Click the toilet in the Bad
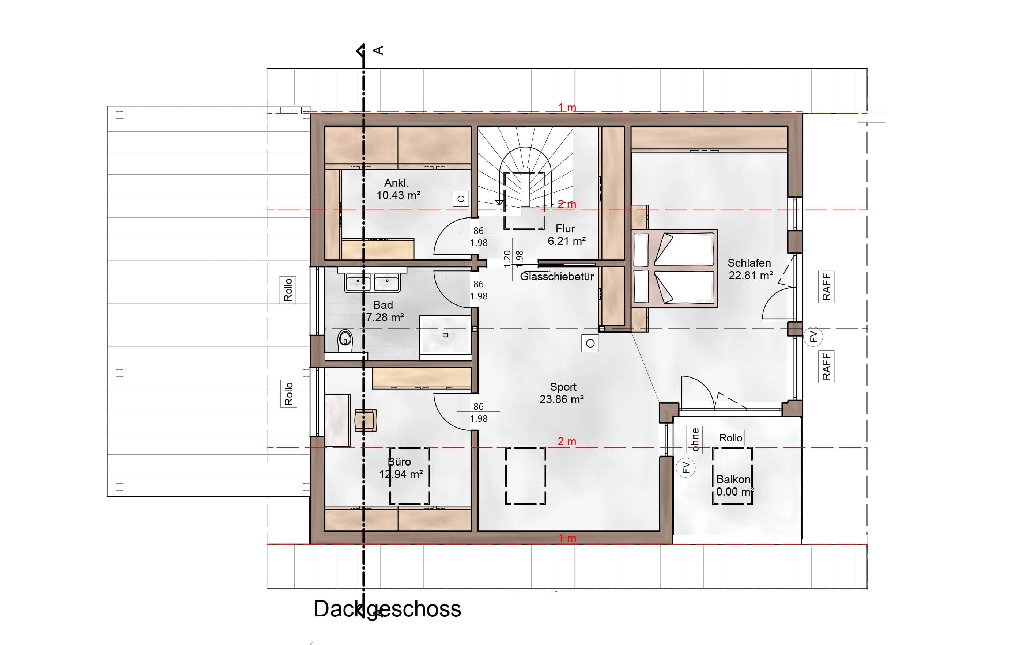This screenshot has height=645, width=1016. click(345, 340)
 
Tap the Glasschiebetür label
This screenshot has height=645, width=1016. click(556, 276)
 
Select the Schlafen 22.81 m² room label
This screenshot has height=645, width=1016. click(750, 269)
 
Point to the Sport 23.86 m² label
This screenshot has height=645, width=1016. click(562, 393)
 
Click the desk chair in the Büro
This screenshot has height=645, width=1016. click(365, 420)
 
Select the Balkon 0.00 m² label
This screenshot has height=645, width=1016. click(734, 485)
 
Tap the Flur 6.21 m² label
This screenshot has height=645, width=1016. click(566, 235)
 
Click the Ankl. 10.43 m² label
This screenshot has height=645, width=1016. click(398, 189)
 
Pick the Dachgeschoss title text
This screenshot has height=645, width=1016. click(387, 609)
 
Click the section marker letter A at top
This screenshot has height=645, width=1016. click(378, 50)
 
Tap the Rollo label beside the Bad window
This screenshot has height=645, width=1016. click(288, 290)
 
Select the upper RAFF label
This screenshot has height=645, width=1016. click(826, 287)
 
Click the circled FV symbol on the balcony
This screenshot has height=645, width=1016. click(685, 467)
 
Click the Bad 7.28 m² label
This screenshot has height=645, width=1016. click(384, 311)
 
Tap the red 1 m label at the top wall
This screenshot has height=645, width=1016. click(567, 107)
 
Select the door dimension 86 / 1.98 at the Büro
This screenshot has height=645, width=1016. click(479, 412)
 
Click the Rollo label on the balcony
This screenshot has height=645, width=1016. click(731, 437)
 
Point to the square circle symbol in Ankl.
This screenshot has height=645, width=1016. click(461, 198)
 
